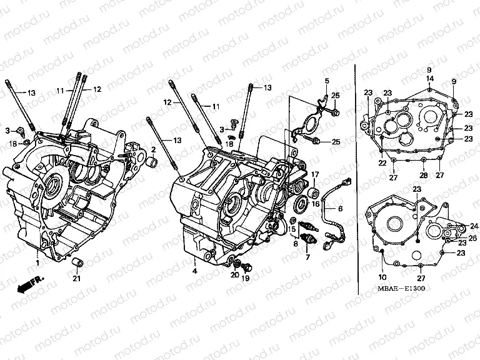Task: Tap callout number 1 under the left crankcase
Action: pyautogui.click(x=37, y=264)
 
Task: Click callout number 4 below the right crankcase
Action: pyautogui.click(x=194, y=271)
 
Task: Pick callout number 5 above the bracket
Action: pyautogui.click(x=326, y=82)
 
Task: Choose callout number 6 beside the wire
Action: pyautogui.click(x=341, y=208)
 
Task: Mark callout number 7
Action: pyautogui.click(x=307, y=256)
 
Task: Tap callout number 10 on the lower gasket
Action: pyautogui.click(x=382, y=277)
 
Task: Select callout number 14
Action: pyautogui.click(x=429, y=78)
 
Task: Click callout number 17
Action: pyautogui.click(x=316, y=174)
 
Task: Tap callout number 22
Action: pyautogui.click(x=381, y=163)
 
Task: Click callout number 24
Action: pyautogui.click(x=474, y=226)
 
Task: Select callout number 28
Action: pyautogui.click(x=423, y=176)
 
